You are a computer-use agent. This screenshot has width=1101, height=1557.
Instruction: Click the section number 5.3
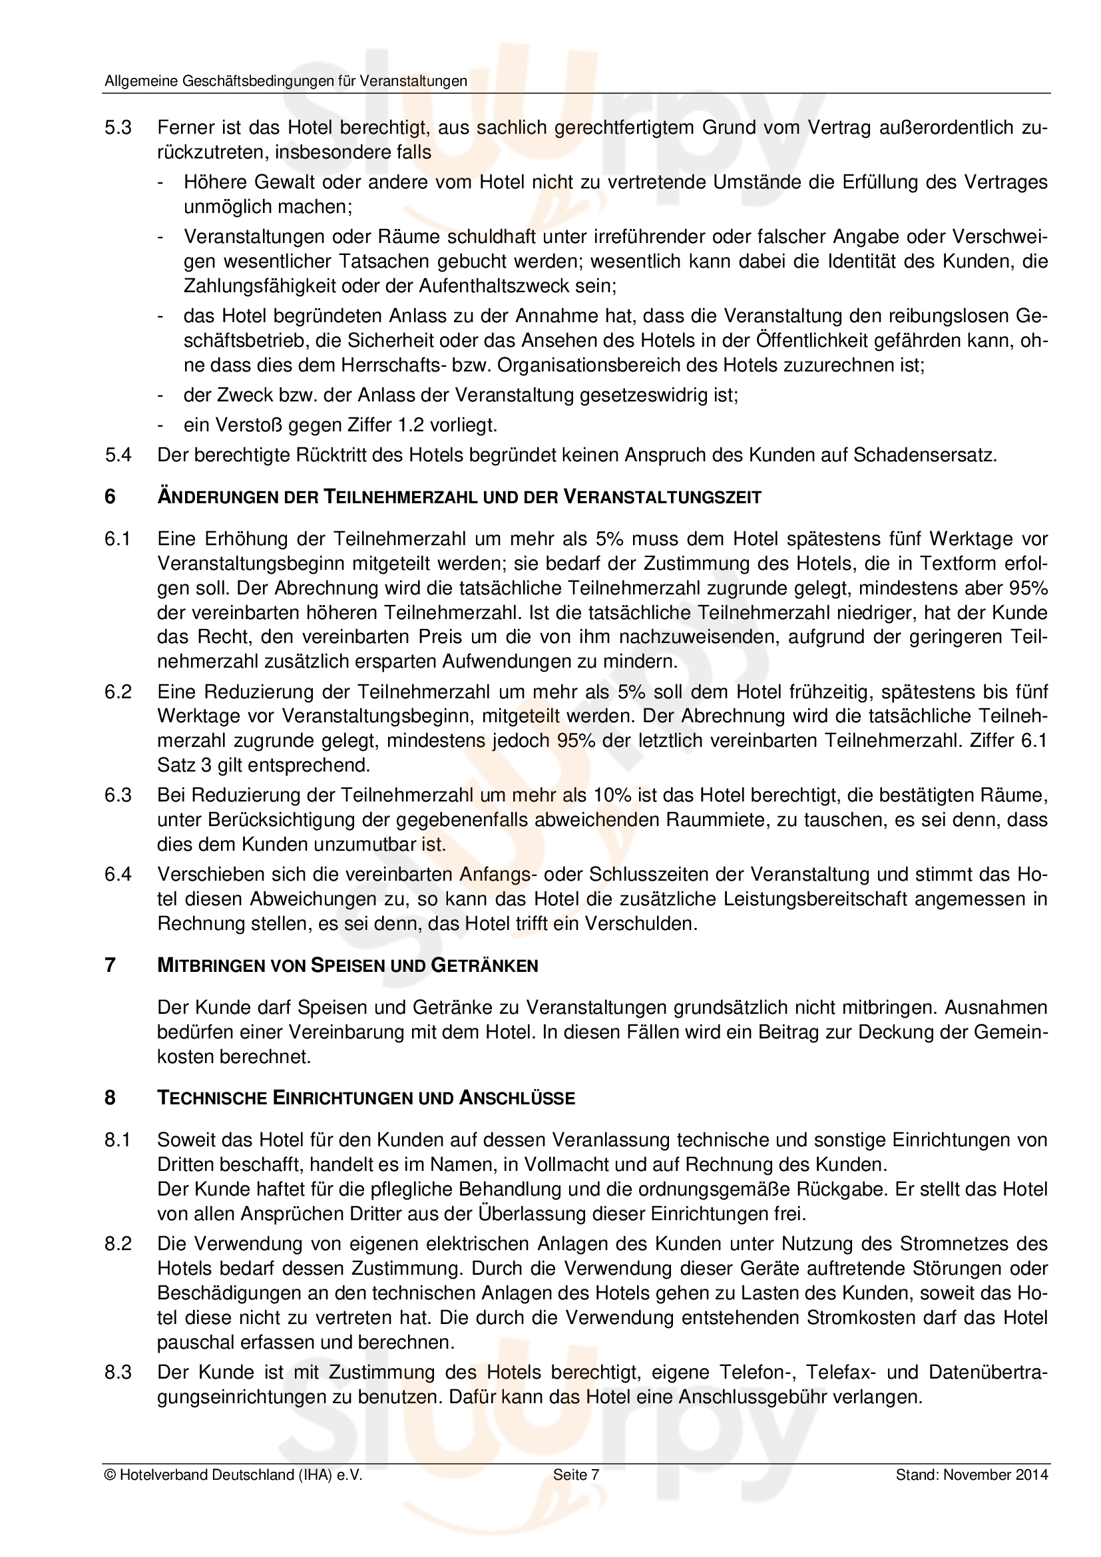pyautogui.click(x=118, y=128)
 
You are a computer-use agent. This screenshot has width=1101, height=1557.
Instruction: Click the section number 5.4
pyautogui.click(x=118, y=455)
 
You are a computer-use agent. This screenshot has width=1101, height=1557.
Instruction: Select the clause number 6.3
pyautogui.click(x=118, y=795)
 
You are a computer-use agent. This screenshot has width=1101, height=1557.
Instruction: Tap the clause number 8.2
pyautogui.click(x=118, y=1243)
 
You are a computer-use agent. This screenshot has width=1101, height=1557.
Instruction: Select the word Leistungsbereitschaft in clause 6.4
pyautogui.click(x=805, y=899)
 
